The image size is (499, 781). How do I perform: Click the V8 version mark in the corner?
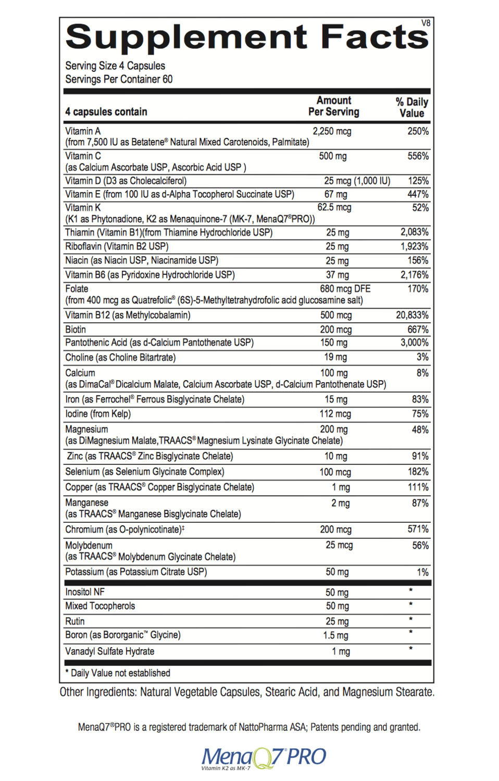tap(426, 23)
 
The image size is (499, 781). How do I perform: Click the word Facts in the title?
tap(374, 37)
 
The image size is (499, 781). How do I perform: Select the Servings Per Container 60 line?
tap(119, 80)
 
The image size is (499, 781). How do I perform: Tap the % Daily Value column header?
tap(411, 107)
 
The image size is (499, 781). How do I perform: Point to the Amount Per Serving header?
tap(333, 106)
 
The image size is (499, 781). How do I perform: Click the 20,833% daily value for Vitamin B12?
tap(412, 315)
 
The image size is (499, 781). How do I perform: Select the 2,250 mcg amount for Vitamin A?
tap(332, 131)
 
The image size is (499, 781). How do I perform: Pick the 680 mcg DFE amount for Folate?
tap(345, 289)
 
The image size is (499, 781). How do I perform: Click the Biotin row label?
tap(76, 330)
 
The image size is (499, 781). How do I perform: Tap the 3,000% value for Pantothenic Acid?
tap(414, 343)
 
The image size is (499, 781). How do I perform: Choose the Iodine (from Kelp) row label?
tap(98, 414)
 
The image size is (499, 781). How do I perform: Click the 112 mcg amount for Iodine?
tap(335, 414)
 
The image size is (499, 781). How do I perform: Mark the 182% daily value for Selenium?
tap(418, 472)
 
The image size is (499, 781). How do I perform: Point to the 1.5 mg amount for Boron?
tap(335, 635)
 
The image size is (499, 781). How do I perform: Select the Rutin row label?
tap(74, 621)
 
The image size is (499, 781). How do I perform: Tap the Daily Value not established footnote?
tap(118, 673)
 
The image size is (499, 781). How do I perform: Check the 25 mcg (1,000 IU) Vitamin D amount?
tap(357, 181)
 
